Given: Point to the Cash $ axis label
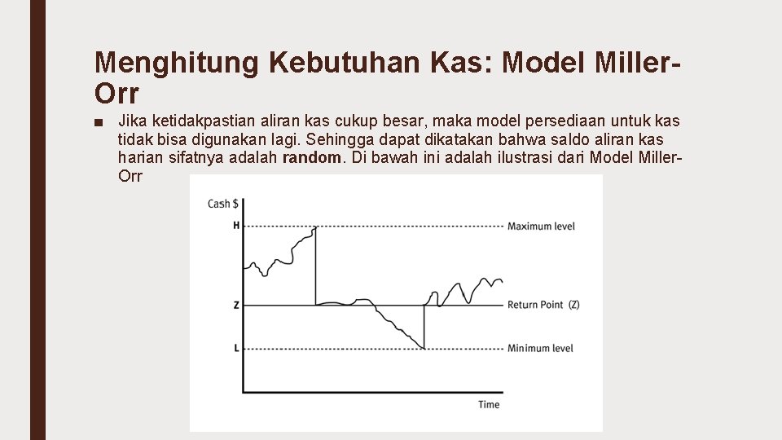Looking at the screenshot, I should point(223,204).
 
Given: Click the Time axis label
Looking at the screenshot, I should point(489,404).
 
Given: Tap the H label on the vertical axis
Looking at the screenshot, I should point(236,226).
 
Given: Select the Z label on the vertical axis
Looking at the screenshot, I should point(236,306).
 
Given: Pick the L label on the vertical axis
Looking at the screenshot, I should point(236,349).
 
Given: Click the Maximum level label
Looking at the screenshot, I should point(541,226).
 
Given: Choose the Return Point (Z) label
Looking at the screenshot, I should point(543,305).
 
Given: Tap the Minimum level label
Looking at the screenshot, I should point(540,349).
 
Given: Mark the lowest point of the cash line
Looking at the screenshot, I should point(424,348).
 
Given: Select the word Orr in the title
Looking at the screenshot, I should point(116,94).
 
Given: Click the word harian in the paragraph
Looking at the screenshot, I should point(141,157).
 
